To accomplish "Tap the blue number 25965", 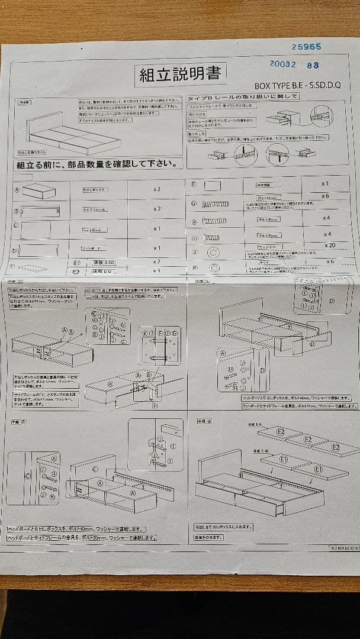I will tap(306, 46).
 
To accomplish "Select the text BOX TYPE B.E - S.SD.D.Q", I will tap(297, 86).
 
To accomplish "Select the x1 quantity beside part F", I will tap(325, 184).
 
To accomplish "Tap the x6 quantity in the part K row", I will tap(330, 262).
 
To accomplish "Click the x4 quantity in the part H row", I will tap(326, 218).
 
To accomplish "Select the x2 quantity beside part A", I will tap(157, 190).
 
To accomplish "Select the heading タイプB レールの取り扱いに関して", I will tap(242, 96).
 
